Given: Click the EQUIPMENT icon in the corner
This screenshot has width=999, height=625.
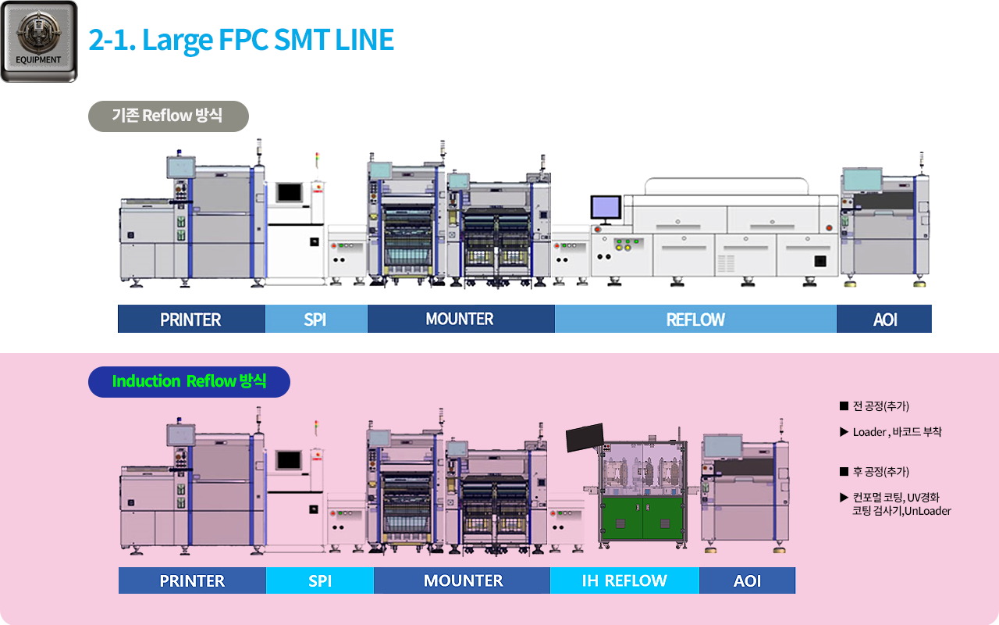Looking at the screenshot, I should coord(39,41).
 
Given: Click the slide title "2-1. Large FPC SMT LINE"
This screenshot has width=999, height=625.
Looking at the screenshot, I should coord(241,39).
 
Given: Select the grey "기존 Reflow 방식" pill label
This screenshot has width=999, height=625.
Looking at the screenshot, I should coord(168,116).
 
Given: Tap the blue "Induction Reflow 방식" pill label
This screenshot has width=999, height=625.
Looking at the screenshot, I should coord(189,381).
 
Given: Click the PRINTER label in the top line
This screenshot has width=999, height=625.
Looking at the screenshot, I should coord(190,320).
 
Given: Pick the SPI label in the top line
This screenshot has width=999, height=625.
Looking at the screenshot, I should coord(315,320).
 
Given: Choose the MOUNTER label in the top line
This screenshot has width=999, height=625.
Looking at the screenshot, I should coord(460,319).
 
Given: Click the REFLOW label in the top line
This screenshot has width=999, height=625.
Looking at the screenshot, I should coord(695,320).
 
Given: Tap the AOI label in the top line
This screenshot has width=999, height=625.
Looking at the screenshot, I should coord(884,320).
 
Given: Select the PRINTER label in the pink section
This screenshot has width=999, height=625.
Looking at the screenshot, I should coord(192,580).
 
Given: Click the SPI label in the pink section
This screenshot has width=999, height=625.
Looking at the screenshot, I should coord(320,580).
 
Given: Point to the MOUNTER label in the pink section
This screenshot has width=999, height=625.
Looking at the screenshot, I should coord(463,580).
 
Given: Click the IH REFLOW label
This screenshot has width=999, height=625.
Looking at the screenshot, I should coord(624,580).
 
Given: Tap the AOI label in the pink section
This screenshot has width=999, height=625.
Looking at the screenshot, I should coord(747,580).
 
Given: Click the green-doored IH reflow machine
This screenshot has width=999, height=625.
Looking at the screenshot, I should coord(642,492).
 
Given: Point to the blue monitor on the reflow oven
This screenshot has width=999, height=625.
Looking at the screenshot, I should coord(605,207).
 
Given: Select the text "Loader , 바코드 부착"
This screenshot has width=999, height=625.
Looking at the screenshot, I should coord(897,432).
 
